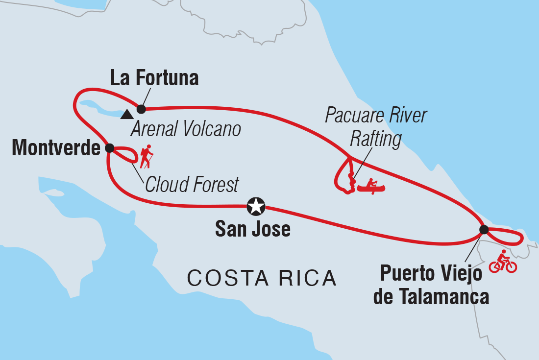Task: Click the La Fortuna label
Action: click(154, 78)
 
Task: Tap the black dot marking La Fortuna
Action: click(141, 109)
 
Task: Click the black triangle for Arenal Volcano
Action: click(127, 115)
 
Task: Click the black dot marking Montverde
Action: click(109, 147)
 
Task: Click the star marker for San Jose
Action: click(256, 207)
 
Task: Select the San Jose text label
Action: click(253, 229)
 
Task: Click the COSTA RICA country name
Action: click(262, 278)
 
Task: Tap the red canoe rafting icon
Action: click(371, 186)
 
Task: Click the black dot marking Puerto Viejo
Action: click(484, 230)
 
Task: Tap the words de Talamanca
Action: click(431, 296)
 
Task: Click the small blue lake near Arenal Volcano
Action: click(100, 108)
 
